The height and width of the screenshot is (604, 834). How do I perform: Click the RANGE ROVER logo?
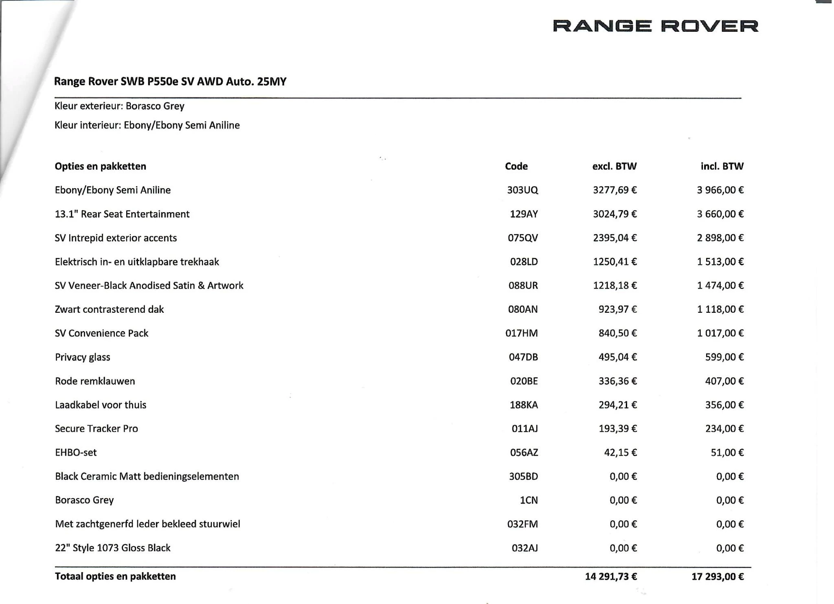[655, 26]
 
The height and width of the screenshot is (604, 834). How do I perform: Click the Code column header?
[516, 166]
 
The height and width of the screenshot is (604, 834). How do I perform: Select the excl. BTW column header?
[614, 166]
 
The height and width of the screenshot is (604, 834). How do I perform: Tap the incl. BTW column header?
[722, 166]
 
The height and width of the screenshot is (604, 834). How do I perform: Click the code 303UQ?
[522, 190]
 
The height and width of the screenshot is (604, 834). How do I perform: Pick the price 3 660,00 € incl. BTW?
[720, 214]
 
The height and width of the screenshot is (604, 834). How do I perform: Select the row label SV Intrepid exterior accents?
[116, 238]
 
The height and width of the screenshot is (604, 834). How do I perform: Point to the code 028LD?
[524, 262]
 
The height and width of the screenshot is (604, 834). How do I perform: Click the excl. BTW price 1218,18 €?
[615, 286]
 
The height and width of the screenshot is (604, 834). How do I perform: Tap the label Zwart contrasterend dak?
[109, 310]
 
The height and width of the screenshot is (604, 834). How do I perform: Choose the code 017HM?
[521, 333]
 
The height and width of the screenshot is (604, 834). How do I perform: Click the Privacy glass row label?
[82, 357]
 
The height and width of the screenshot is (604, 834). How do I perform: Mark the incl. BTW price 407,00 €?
[724, 381]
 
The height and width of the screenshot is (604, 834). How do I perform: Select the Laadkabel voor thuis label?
[101, 405]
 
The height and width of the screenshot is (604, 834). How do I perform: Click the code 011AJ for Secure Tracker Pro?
[525, 428]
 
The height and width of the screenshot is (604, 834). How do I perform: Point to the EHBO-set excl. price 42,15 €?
[620, 452]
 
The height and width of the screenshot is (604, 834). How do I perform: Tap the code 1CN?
[529, 500]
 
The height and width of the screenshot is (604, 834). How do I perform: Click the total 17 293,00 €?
[717, 576]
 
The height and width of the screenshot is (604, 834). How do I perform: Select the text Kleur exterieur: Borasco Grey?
[119, 106]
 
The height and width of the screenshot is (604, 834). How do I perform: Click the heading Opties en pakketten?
[100, 166]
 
